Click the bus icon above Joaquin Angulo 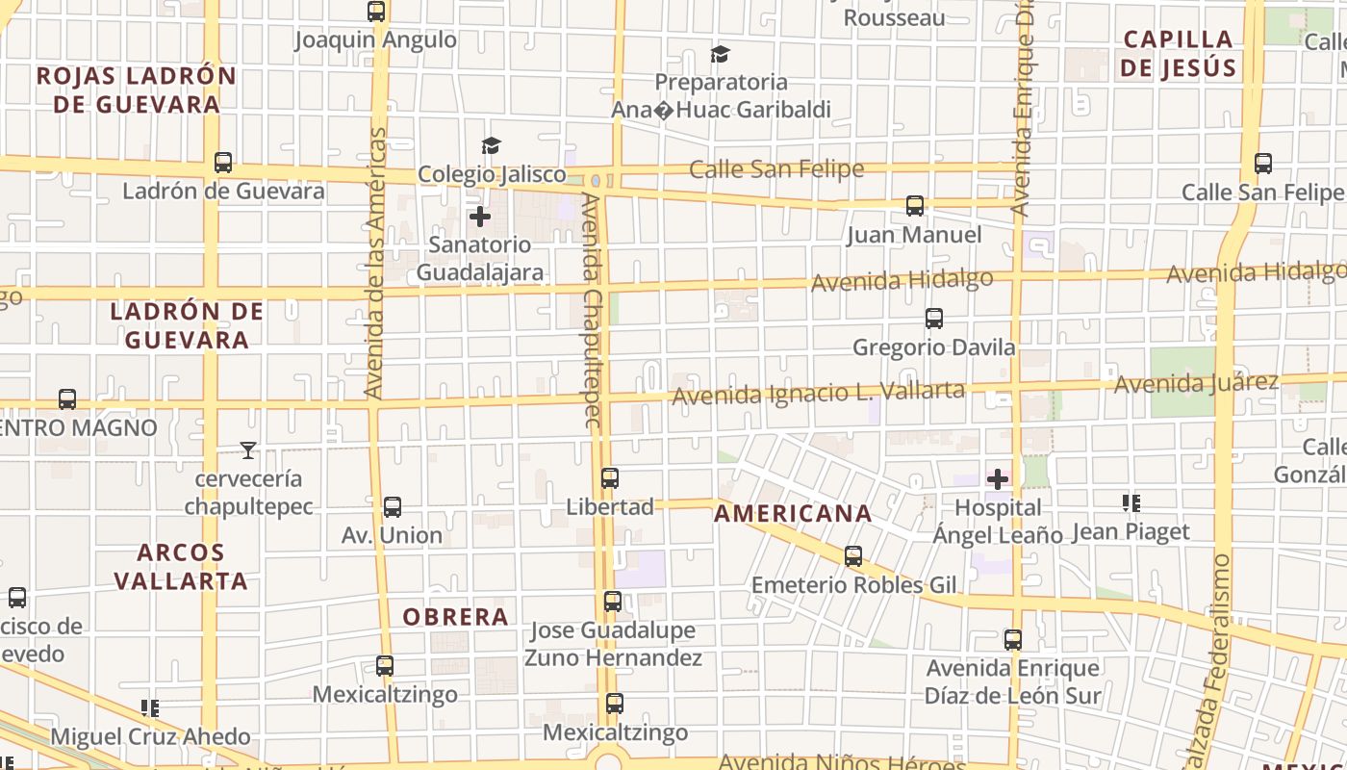[x=376, y=12]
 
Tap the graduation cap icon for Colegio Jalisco [x=492, y=146]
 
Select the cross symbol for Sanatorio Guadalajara [x=480, y=217]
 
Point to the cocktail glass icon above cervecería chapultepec [x=248, y=449]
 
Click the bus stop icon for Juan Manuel [x=915, y=206]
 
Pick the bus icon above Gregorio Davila [x=933, y=319]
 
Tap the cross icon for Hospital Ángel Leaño [x=998, y=478]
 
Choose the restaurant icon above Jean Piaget [x=1131, y=502]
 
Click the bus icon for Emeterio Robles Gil [x=853, y=555]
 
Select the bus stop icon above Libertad [x=610, y=477]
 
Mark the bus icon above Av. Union [x=392, y=506]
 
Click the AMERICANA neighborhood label [x=793, y=514]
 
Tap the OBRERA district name [x=455, y=617]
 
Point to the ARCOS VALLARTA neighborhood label [x=181, y=567]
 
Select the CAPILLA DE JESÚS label [x=1178, y=54]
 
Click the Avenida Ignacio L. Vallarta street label [x=818, y=393]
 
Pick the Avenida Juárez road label [x=1196, y=383]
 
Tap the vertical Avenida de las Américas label [x=375, y=263]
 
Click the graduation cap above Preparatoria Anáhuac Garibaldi [x=721, y=54]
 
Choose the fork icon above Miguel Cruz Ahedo [x=150, y=708]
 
